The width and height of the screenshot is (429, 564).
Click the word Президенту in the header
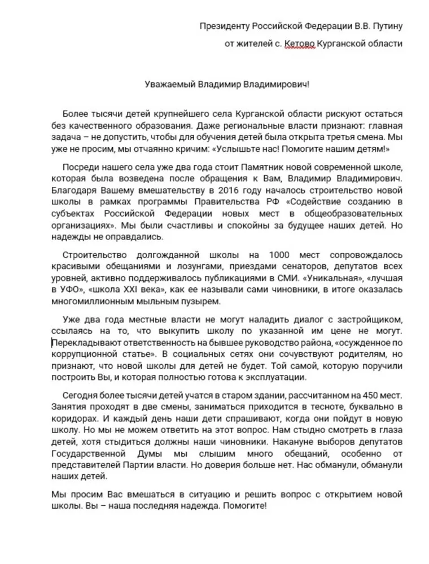tap(224, 26)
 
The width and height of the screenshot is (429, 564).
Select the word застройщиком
tap(373, 320)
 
